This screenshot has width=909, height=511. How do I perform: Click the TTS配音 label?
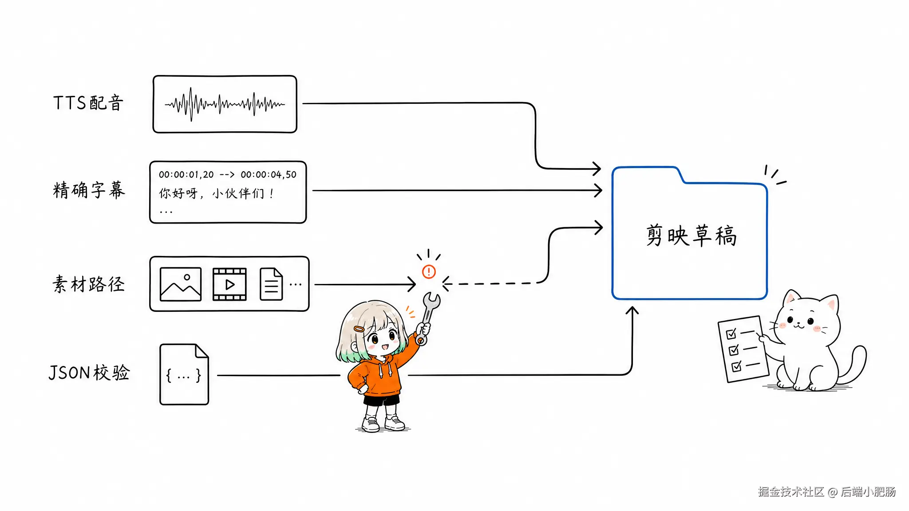[88, 103]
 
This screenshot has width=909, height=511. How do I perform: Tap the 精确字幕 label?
[89, 190]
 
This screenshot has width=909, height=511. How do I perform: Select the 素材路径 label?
[88, 284]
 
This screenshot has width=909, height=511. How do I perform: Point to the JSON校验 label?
[89, 373]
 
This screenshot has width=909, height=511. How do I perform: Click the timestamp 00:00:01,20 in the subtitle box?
[186, 175]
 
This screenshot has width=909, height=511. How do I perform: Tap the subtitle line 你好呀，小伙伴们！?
[217, 193]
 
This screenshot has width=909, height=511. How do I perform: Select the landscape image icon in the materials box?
[180, 284]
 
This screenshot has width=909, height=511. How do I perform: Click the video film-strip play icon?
[229, 284]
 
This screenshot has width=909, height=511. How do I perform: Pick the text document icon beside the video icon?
[271, 284]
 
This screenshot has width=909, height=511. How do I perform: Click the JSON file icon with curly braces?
[184, 374]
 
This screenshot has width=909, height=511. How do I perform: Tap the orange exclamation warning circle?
[429, 271]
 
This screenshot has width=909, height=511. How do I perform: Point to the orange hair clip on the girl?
[359, 329]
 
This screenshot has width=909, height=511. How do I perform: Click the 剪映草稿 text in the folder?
[691, 235]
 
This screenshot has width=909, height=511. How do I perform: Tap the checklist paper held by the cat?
[743, 349]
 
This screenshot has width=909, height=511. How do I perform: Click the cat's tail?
[851, 365]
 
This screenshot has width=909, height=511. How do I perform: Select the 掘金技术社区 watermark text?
[791, 491]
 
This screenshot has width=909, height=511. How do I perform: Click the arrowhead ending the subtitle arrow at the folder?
[597, 191]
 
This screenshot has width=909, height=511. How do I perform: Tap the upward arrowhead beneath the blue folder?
[632, 311]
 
